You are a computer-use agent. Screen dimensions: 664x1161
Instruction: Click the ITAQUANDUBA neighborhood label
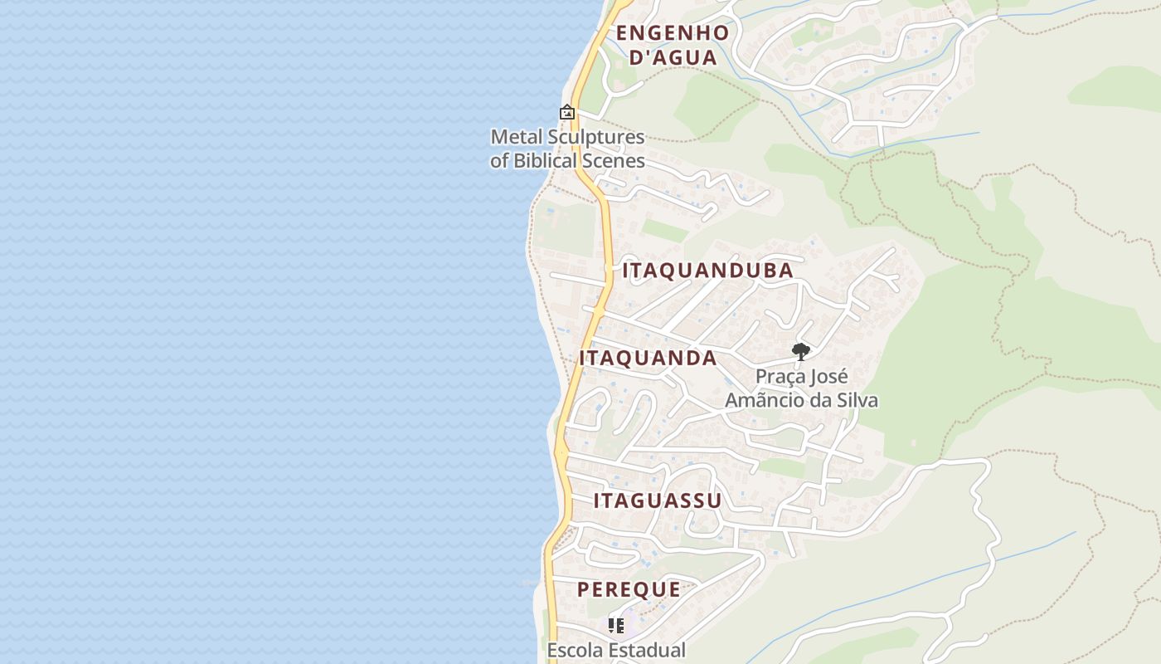point(707,271)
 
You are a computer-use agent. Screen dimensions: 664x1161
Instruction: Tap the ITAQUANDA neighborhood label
point(648,358)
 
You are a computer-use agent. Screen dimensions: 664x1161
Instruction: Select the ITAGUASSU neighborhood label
point(658,500)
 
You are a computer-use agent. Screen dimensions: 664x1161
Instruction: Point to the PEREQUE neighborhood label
point(629,589)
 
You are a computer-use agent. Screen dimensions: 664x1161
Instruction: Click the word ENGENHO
point(673,33)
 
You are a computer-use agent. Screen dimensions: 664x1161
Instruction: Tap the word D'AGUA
point(673,57)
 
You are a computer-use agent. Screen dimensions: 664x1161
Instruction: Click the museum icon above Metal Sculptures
point(567,112)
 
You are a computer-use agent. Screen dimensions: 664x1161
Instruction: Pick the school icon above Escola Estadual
point(616,625)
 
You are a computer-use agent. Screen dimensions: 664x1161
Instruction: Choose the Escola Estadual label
point(616,650)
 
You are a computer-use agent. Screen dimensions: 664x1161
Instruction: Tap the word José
point(826,377)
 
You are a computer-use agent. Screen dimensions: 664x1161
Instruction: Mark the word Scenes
point(617,160)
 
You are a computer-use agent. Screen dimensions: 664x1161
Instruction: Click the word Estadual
point(646,650)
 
